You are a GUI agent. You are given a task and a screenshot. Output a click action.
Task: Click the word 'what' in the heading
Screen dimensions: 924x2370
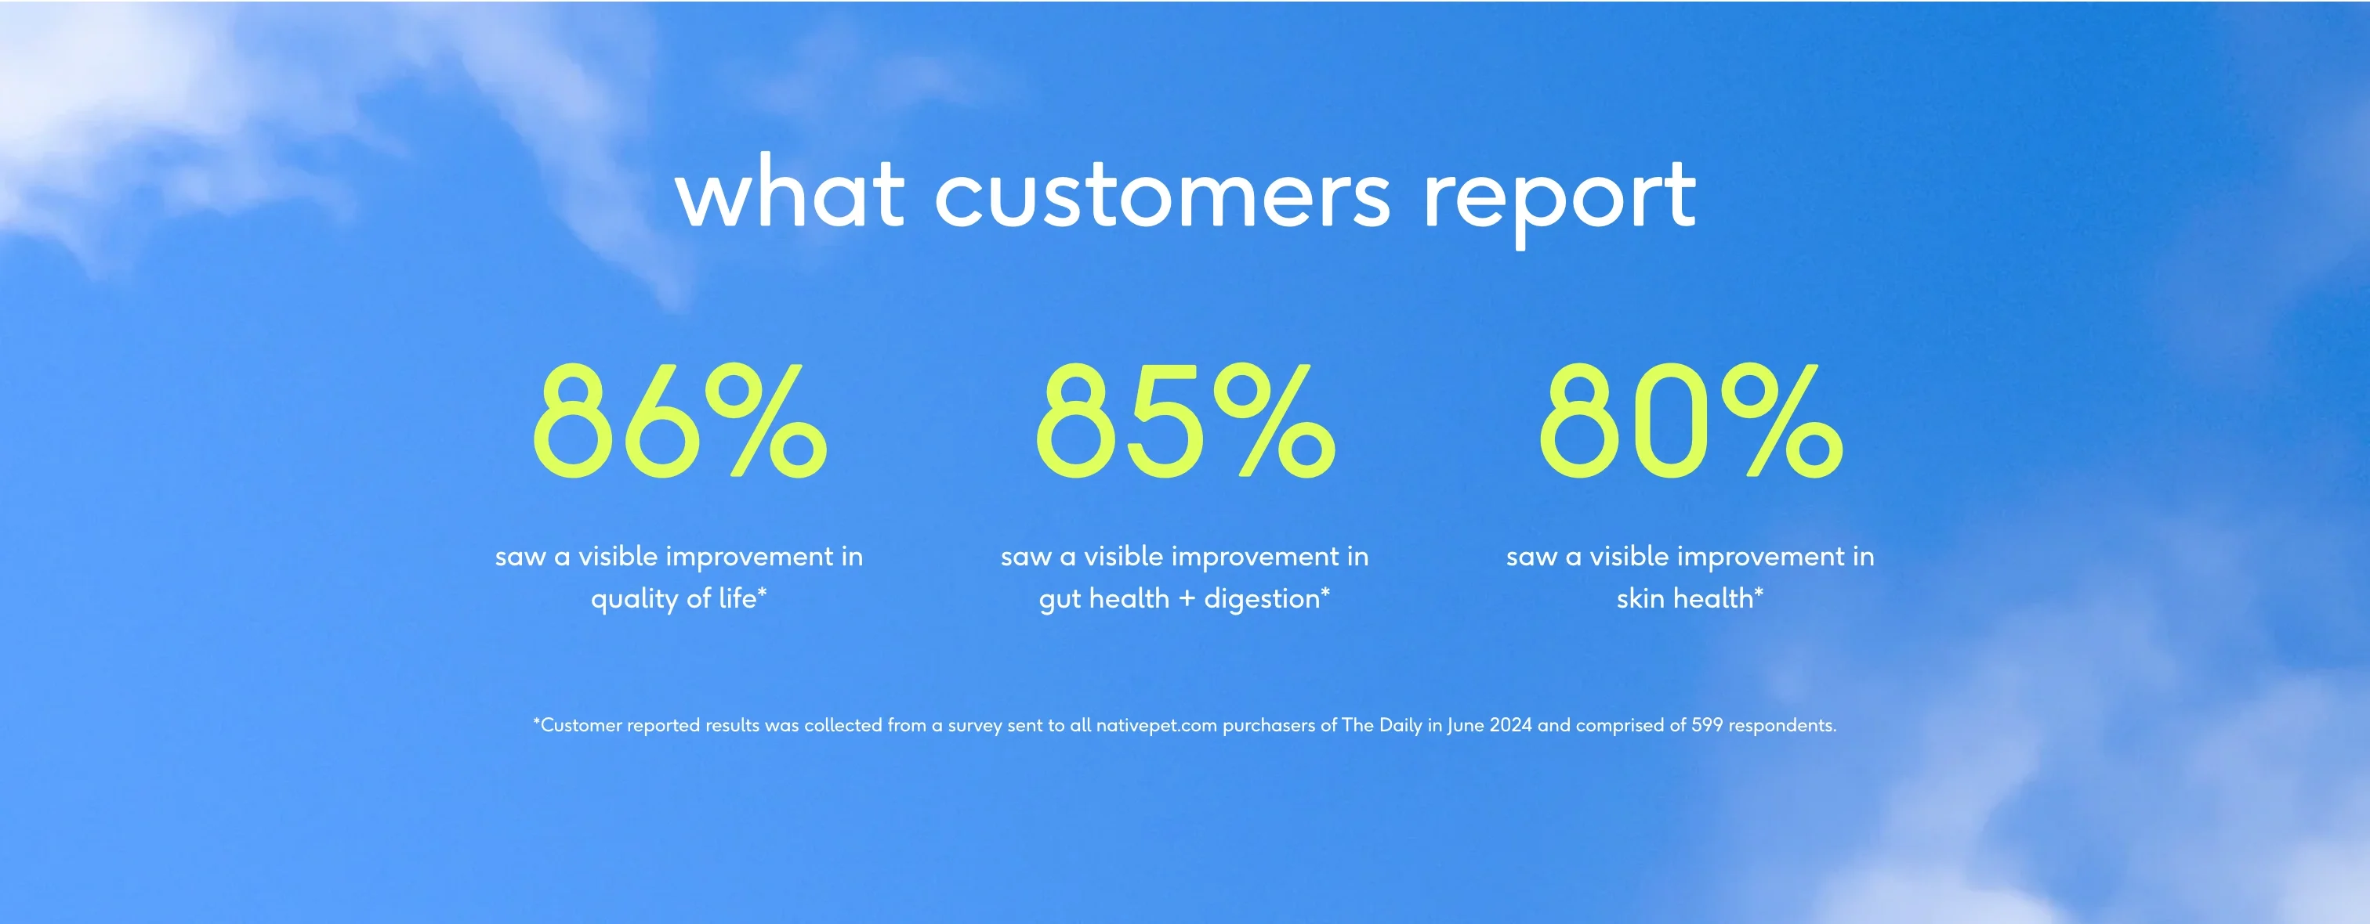tap(789, 194)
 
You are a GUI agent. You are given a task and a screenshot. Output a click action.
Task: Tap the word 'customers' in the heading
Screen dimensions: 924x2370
tap(1162, 196)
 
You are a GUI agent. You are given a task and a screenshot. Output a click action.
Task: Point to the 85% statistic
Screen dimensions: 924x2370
tap(1185, 420)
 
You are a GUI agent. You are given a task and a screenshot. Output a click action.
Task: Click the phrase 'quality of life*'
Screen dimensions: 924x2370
tap(679, 598)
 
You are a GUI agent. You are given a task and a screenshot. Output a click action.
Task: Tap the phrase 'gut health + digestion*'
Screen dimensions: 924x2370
tap(1185, 598)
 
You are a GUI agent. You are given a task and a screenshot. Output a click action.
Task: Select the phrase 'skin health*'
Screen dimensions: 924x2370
tap(1690, 598)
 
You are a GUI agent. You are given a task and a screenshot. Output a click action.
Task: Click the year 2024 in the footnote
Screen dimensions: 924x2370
tap(1511, 725)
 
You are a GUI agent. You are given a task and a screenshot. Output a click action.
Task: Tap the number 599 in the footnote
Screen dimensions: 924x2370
tap(1707, 725)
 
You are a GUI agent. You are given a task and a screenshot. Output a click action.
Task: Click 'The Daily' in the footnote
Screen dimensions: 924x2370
tap(1382, 725)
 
